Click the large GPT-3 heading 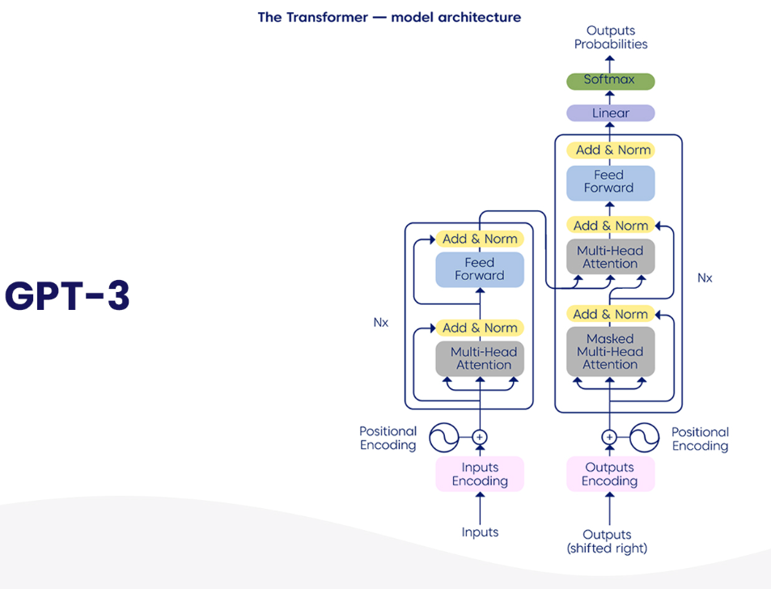click(x=67, y=296)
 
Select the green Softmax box click(x=609, y=81)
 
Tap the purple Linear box click(x=610, y=113)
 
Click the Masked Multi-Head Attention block click(x=610, y=352)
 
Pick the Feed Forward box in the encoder click(x=480, y=269)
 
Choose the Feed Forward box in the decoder click(x=609, y=182)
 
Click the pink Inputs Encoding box click(x=480, y=474)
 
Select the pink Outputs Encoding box click(x=609, y=474)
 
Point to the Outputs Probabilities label click(x=611, y=38)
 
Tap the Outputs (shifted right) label click(x=608, y=541)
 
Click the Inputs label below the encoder click(x=480, y=532)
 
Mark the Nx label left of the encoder click(x=380, y=322)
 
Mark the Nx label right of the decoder click(x=705, y=278)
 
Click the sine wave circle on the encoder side click(x=443, y=438)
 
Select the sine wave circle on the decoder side click(x=646, y=438)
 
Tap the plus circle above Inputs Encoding click(x=480, y=438)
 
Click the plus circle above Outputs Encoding click(x=609, y=438)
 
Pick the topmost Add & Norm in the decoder click(x=609, y=150)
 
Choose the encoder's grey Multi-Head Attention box click(x=480, y=358)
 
